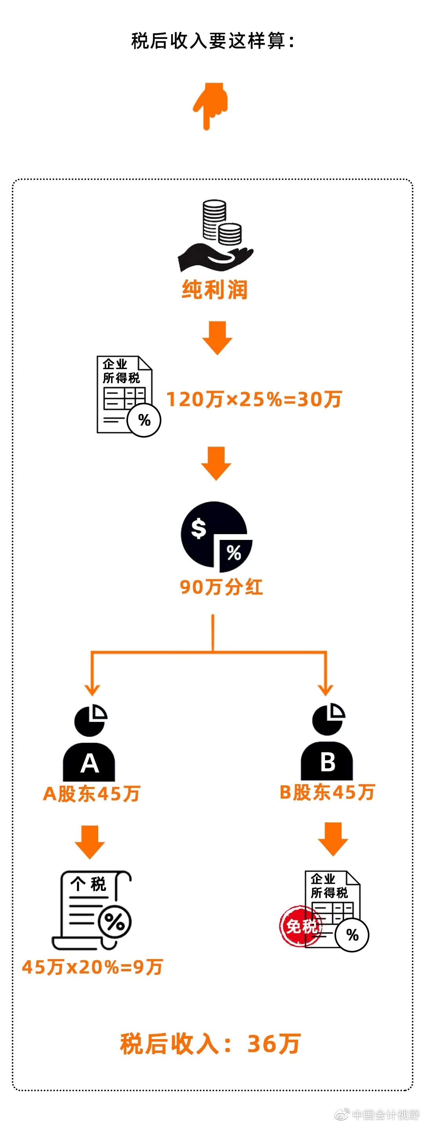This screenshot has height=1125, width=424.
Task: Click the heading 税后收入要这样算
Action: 213,41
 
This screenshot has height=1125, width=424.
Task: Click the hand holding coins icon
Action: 216,236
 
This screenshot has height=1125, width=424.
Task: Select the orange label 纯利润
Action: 215,289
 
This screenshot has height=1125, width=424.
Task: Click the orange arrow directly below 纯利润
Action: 217,338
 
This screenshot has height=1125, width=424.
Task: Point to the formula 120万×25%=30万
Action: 254,399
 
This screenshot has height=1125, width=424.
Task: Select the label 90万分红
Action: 221,587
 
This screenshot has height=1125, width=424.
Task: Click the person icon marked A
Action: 90,742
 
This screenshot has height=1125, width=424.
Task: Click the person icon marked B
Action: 327,742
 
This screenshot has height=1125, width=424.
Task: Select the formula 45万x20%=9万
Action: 93,967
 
